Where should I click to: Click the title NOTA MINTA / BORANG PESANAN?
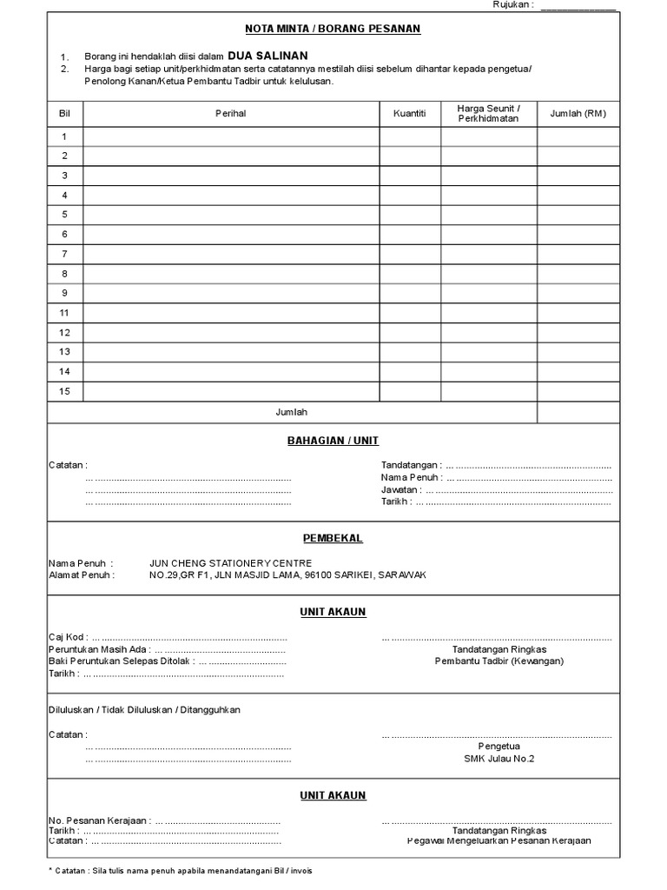click(x=333, y=29)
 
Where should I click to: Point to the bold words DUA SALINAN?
click(x=267, y=55)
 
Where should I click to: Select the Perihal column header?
click(x=231, y=114)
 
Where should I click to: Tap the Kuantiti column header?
click(x=410, y=114)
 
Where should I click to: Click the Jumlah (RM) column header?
click(x=578, y=114)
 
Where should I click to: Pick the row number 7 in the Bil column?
click(x=64, y=254)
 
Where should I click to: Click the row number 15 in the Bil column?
click(x=64, y=391)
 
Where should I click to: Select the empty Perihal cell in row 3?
click(x=231, y=176)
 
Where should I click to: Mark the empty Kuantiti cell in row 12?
click(x=410, y=333)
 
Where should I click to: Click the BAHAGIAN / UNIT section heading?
click(x=333, y=441)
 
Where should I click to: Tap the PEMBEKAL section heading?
click(x=333, y=538)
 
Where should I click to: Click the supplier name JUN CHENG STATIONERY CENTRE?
click(x=230, y=563)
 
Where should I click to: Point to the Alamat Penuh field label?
click(x=80, y=575)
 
